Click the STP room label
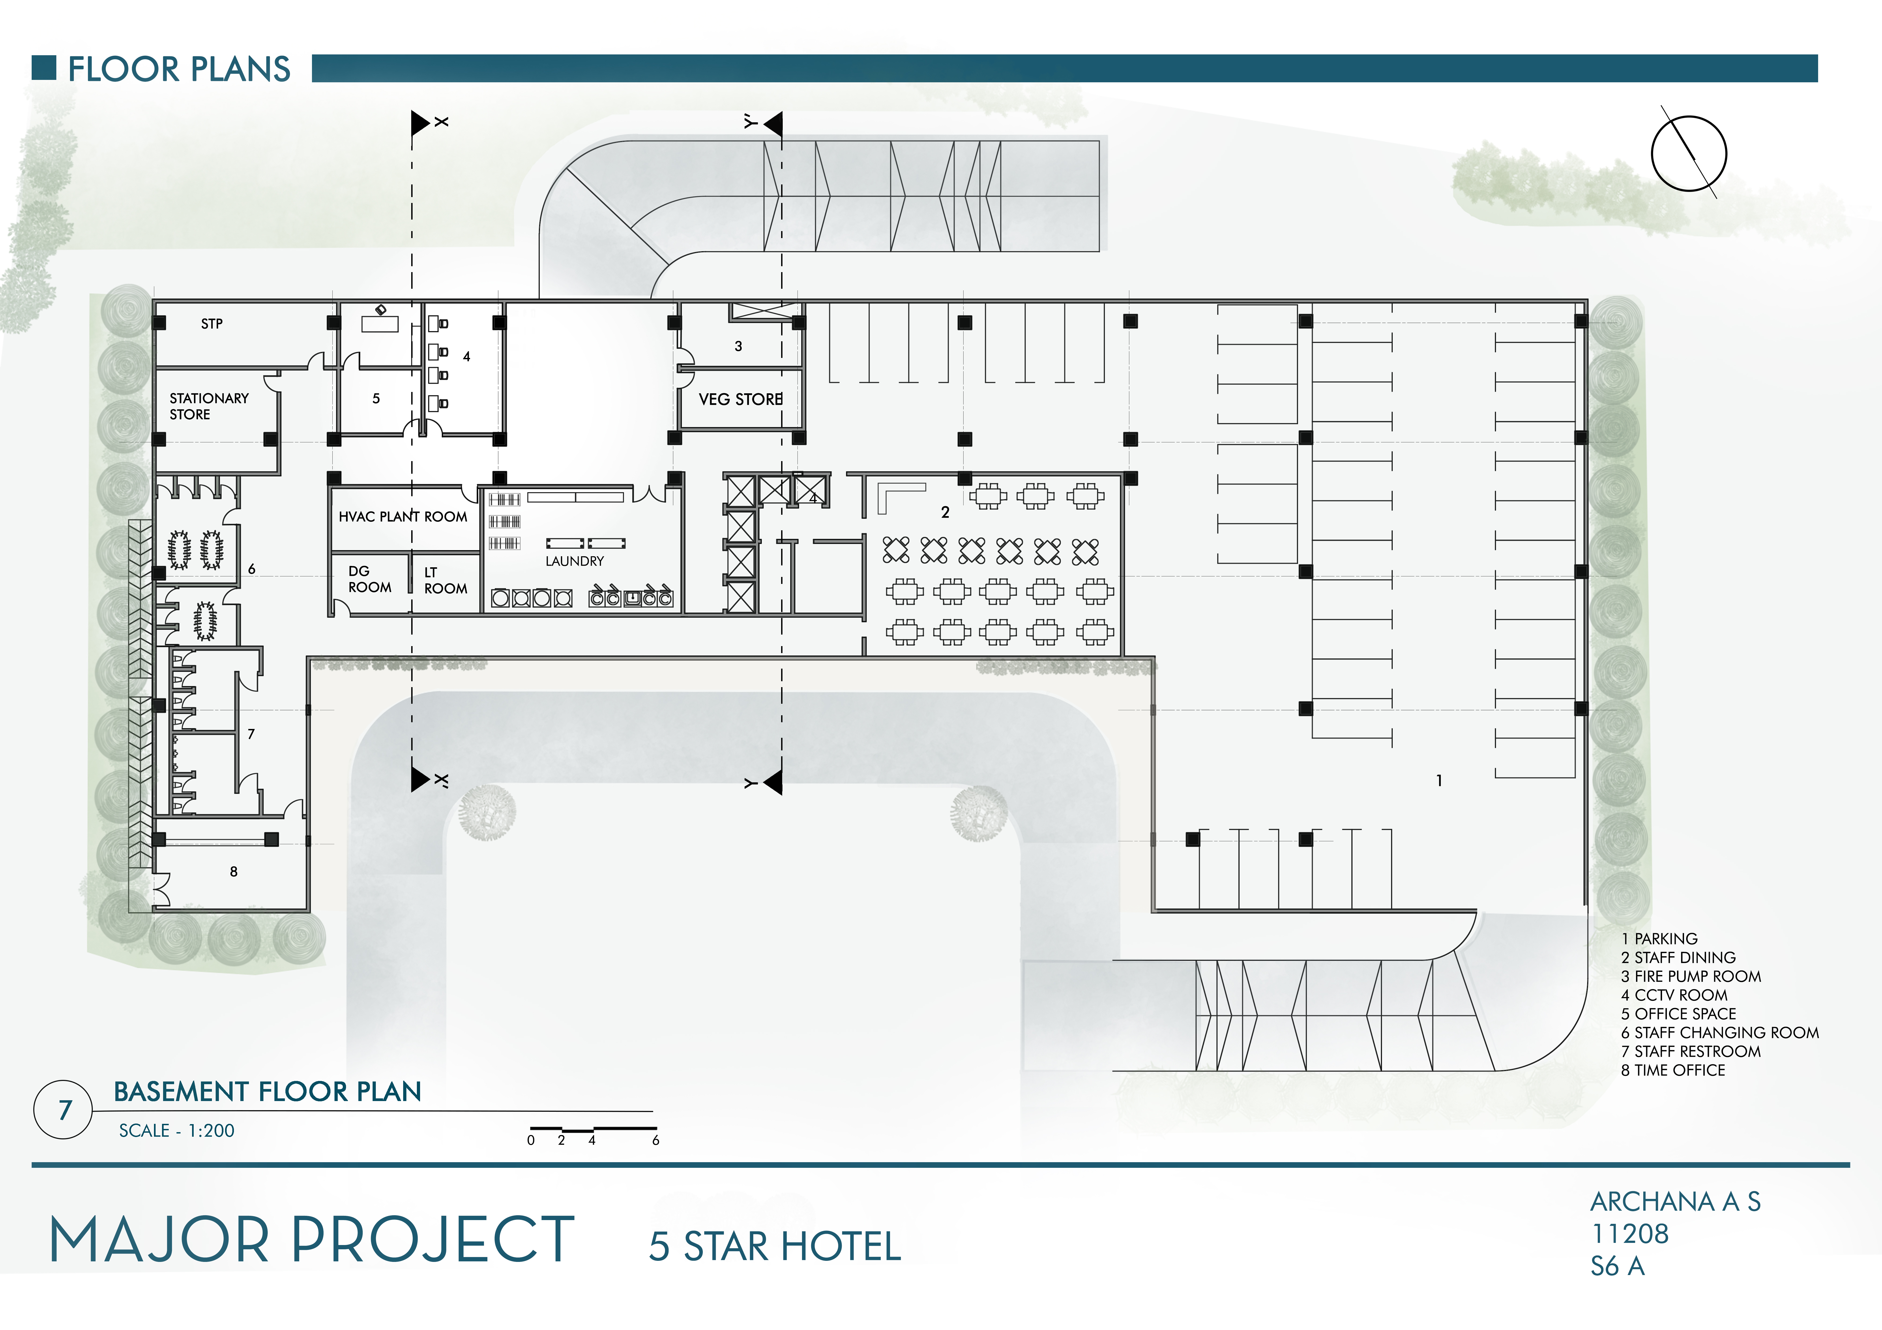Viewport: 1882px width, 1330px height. (211, 324)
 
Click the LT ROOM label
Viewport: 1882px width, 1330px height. (445, 580)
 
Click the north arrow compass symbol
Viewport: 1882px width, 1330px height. (1689, 153)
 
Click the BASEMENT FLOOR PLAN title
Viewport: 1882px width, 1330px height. (267, 1092)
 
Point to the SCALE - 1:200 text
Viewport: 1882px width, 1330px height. (176, 1131)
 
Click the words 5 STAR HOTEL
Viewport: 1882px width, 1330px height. (775, 1246)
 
